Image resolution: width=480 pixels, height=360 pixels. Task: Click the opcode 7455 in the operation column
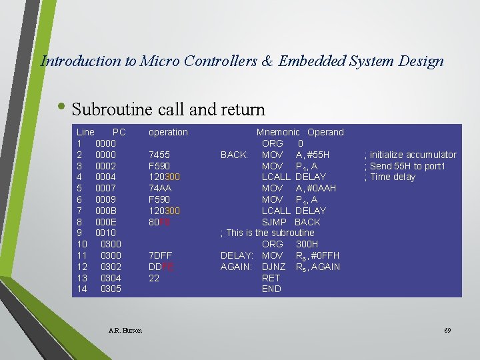159,155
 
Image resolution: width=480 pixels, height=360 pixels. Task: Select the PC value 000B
106,211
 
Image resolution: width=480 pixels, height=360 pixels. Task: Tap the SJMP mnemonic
275,222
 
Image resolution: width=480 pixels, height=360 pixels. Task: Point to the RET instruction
271,278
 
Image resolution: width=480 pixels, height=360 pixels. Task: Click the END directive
271,289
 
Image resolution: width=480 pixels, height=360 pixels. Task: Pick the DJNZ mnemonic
274,267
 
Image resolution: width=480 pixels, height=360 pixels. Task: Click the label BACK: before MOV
234,155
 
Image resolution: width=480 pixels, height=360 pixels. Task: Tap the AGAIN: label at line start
236,267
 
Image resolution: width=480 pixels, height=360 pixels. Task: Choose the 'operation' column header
168,132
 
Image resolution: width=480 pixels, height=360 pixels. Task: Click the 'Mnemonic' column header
278,132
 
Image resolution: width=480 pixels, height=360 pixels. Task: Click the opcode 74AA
159,188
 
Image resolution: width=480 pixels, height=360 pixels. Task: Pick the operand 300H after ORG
307,245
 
